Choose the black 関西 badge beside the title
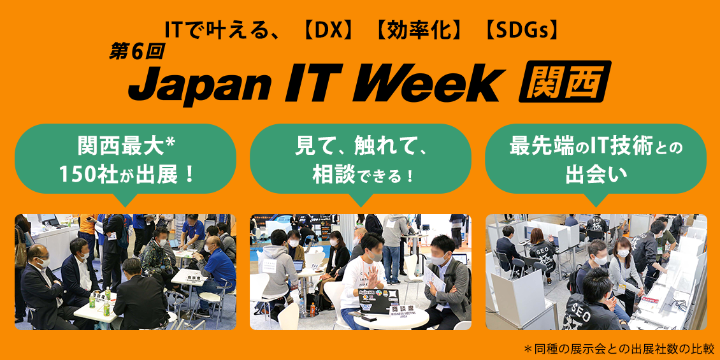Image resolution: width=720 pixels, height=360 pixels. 565,82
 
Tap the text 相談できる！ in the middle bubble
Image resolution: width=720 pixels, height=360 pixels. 361,175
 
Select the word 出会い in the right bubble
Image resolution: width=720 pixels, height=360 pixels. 596,175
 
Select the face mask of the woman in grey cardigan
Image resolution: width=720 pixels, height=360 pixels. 623,253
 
